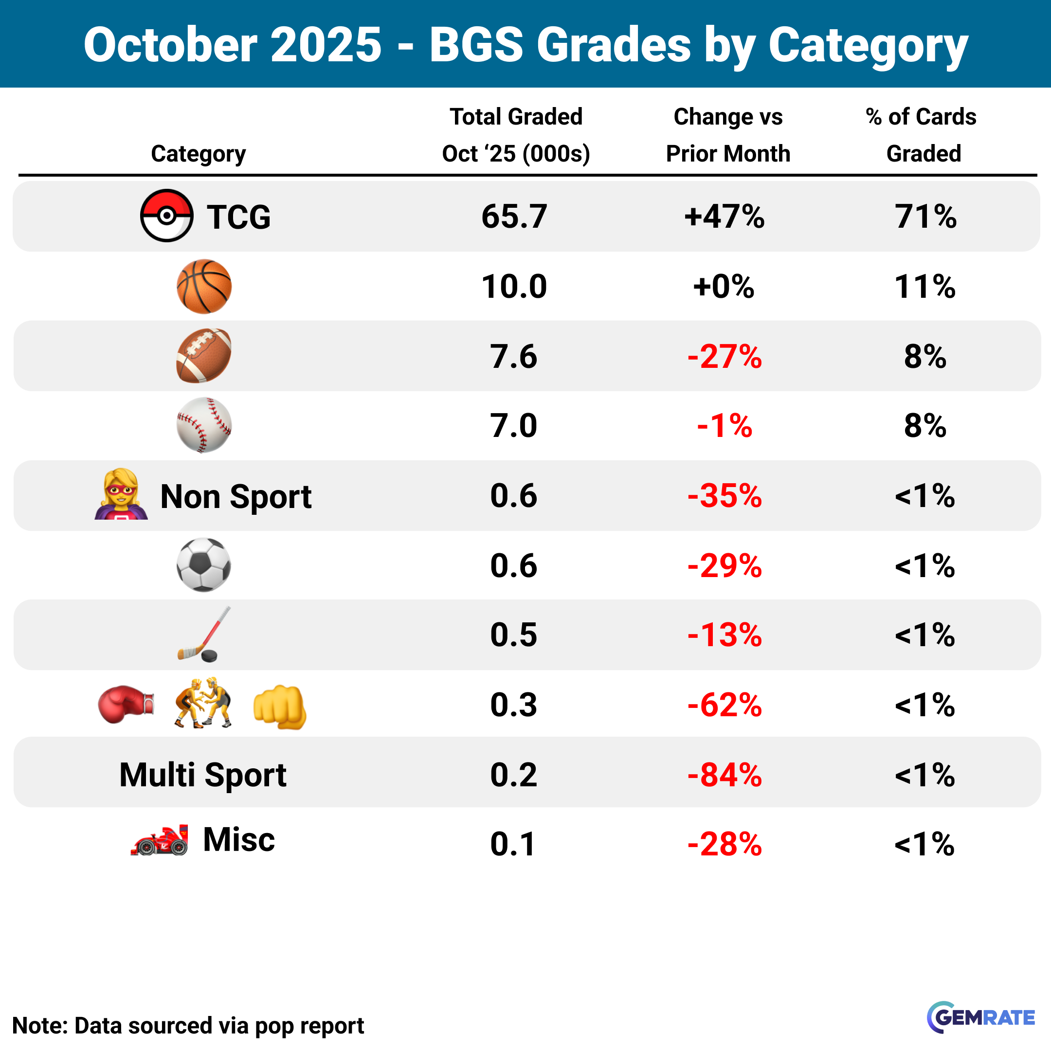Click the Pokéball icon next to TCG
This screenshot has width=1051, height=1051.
pos(166,216)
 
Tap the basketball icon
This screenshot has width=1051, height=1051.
pos(204,286)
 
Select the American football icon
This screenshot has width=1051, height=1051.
pos(204,356)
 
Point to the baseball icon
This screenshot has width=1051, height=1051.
pos(204,425)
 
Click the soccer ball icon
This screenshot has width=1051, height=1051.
pos(204,564)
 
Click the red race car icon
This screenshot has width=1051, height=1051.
pos(160,840)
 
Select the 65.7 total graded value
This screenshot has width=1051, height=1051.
pos(514,217)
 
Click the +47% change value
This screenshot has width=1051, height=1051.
pos(724,217)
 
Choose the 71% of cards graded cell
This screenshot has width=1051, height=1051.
pos(925,217)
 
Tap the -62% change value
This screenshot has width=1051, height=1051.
pos(724,705)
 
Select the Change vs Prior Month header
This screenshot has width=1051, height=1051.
pos(728,135)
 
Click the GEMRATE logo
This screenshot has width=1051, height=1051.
pos(981,1017)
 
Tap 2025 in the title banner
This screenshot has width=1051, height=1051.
pos(326,45)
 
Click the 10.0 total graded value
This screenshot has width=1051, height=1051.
pos(514,287)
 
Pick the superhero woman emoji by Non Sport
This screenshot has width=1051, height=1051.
pos(121,494)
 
